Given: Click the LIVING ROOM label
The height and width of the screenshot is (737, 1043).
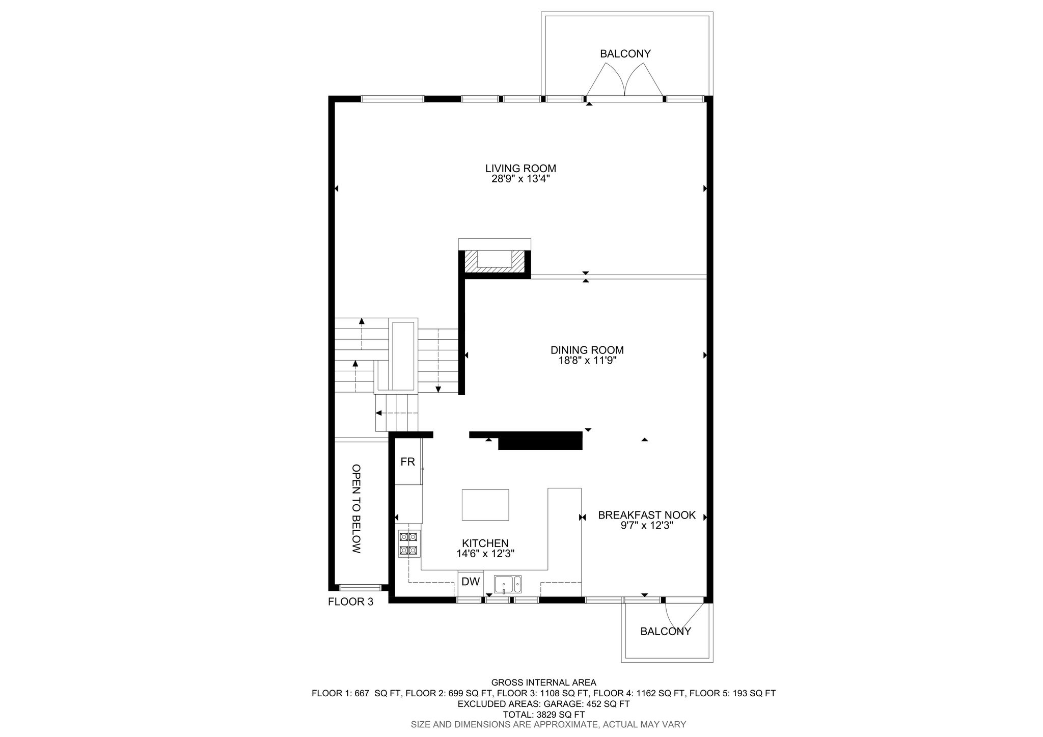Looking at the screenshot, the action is point(520,168).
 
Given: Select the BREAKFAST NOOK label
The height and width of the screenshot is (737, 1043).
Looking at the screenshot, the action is point(647,515).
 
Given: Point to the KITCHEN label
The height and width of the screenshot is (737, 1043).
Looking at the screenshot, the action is point(485,543).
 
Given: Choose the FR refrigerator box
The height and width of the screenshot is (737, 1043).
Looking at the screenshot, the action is point(408,462).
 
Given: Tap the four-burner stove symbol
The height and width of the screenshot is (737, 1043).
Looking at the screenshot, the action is point(408,543).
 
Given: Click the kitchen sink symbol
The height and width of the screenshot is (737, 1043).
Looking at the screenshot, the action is point(508,584).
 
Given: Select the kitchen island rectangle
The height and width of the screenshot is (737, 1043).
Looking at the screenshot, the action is point(485,505).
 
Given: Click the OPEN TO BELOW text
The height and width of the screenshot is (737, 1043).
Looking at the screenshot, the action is point(356,509).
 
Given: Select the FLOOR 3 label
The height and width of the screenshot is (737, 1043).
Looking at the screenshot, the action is point(350,602).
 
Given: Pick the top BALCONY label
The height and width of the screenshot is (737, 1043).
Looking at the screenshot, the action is point(625,53).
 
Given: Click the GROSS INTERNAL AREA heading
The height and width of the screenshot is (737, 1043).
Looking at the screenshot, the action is point(543,683).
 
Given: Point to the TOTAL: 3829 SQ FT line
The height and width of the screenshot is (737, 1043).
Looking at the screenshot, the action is point(543,715).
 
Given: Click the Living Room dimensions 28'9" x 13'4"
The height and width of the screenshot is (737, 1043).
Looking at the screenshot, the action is point(520,179).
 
